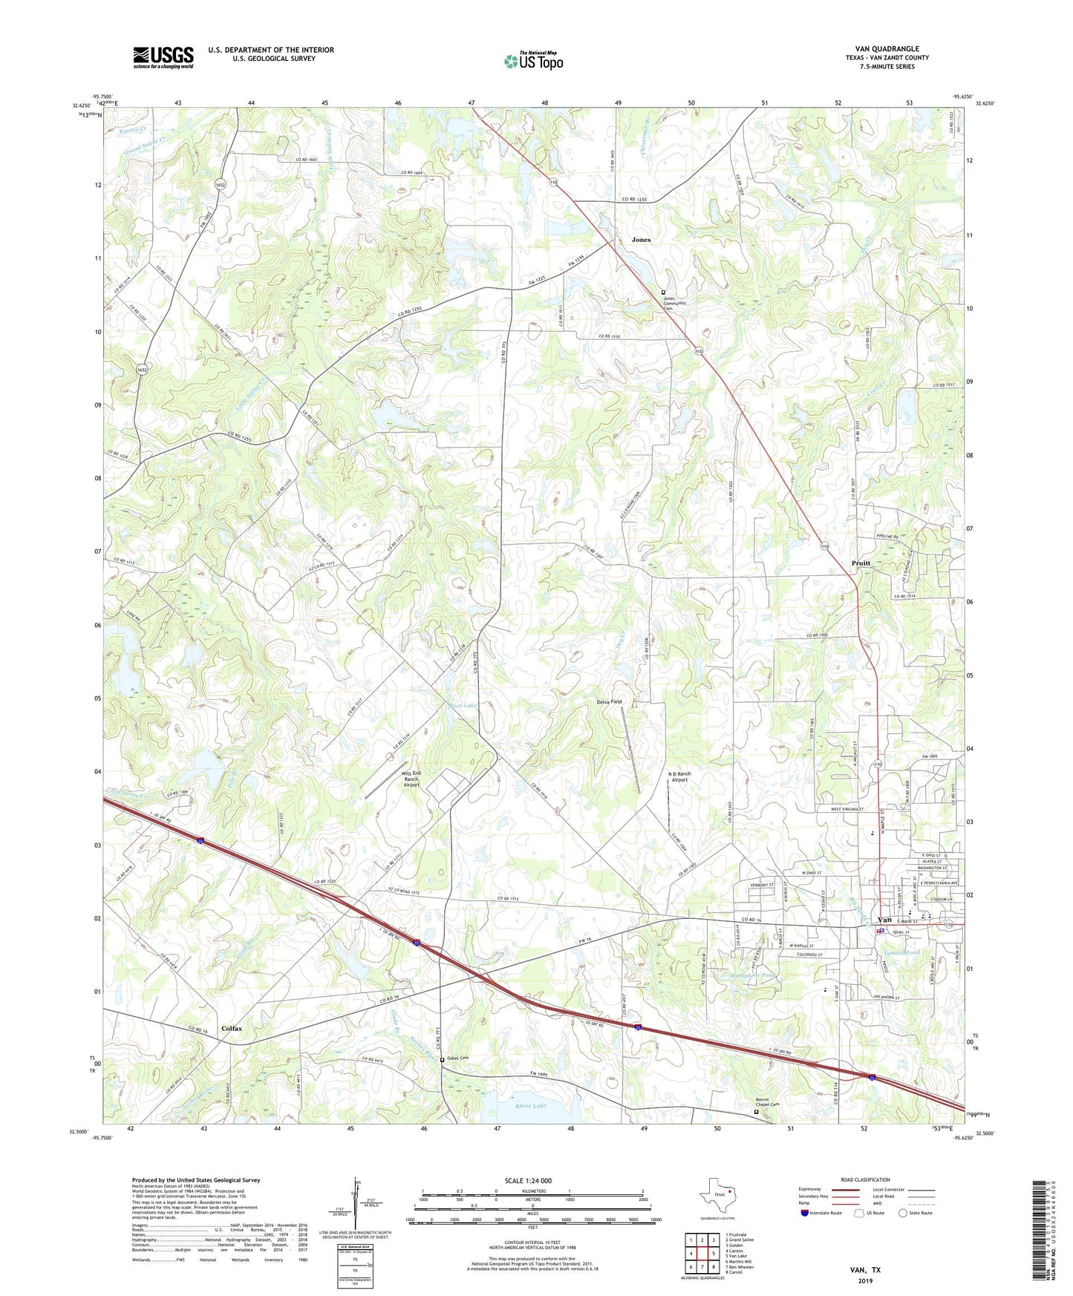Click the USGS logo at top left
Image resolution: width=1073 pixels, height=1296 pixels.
(163, 57)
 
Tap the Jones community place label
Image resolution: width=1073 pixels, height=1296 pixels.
(641, 240)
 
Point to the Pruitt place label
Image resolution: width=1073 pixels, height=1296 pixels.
(861, 563)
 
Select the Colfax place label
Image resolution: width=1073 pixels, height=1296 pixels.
(232, 1029)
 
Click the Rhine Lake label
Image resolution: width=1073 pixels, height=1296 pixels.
(530, 1106)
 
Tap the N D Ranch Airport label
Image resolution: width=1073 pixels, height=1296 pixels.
(680, 777)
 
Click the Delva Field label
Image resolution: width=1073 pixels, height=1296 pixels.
(609, 701)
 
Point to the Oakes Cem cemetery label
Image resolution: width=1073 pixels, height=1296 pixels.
(458, 1058)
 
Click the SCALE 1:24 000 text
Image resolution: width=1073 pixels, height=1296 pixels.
(527, 1180)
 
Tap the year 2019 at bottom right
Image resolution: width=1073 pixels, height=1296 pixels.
(866, 1280)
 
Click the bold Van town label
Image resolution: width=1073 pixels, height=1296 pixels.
(885, 920)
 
